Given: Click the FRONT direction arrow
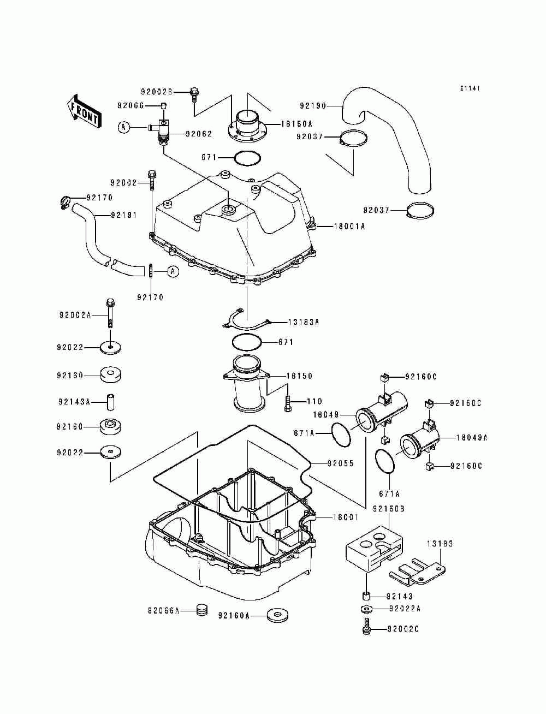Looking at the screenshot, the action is [84, 111].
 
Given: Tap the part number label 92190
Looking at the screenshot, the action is [313, 106].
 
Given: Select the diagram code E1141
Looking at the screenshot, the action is [470, 88].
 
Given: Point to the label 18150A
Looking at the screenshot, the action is [296, 124].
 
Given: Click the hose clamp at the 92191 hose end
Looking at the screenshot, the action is [66, 203].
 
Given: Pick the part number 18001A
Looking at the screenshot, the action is [349, 226].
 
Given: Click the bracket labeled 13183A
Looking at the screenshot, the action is [246, 322].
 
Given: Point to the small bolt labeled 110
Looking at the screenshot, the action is [287, 403].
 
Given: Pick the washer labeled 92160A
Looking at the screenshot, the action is [277, 615].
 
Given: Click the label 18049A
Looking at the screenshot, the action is [472, 438].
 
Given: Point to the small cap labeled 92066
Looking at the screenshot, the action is [164, 105].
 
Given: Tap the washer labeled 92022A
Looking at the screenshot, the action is [366, 608].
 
